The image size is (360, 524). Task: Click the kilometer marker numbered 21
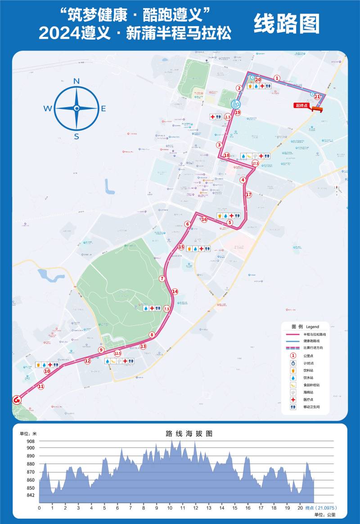tap(317, 96)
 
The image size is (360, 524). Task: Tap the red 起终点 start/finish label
tap(301, 106)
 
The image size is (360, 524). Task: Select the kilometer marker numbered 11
tap(41, 386)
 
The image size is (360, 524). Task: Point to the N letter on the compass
tap(76, 81)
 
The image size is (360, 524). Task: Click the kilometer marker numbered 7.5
tap(166, 309)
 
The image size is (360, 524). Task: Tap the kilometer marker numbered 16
tap(204, 220)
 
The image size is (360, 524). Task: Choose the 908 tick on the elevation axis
tap(30, 441)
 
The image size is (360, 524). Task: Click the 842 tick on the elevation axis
tap(30, 496)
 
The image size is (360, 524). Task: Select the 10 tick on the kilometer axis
tap(170, 508)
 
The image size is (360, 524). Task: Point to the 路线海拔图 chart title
tap(189, 434)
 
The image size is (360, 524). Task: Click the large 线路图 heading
tap(287, 23)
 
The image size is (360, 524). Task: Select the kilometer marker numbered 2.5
tap(228, 117)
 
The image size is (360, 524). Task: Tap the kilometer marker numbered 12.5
tap(118, 353)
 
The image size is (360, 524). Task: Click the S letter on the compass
tap(76, 137)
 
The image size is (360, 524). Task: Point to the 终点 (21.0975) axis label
tap(321, 508)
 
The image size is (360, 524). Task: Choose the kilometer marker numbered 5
tap(230, 222)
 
